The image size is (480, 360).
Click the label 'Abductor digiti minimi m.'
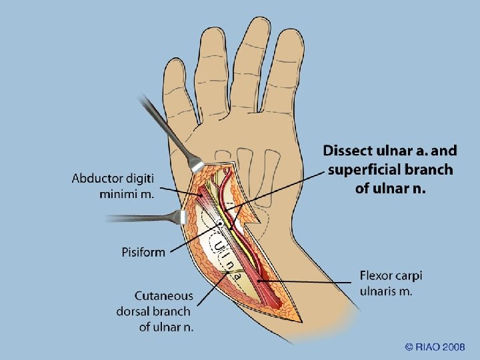113,186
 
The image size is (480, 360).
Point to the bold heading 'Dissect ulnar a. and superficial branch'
391,160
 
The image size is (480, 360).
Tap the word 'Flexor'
378,275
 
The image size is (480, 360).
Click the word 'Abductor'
101,178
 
